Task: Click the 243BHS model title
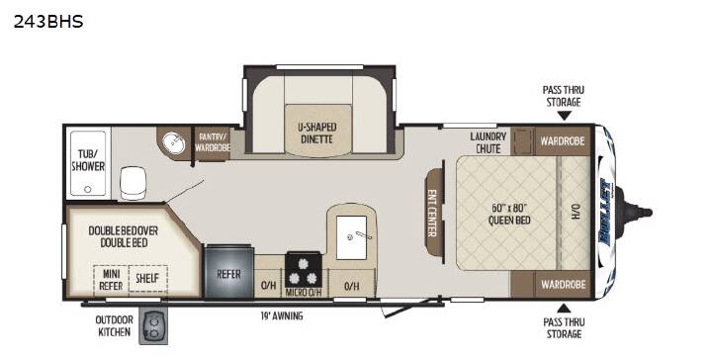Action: pyautogui.click(x=48, y=22)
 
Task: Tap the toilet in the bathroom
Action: pyautogui.click(x=133, y=183)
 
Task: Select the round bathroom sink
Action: pyautogui.click(x=173, y=143)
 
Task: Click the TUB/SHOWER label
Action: pyautogui.click(x=88, y=160)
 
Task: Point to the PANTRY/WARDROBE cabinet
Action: pyautogui.click(x=212, y=143)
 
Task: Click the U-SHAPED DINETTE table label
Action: pyautogui.click(x=317, y=133)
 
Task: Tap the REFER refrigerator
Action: pyautogui.click(x=228, y=272)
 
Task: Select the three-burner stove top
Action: pyautogui.click(x=304, y=270)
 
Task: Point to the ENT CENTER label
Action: pyautogui.click(x=431, y=213)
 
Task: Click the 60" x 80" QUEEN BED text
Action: pyautogui.click(x=509, y=214)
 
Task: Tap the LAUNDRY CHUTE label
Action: pyautogui.click(x=489, y=142)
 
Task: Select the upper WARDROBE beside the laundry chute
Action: pyautogui.click(x=562, y=140)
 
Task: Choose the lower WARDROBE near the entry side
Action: pyautogui.click(x=563, y=284)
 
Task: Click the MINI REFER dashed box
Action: pyautogui.click(x=111, y=279)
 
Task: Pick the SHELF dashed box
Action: pyautogui.click(x=148, y=279)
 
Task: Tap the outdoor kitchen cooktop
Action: pyautogui.click(x=153, y=325)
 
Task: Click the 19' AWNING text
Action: pyautogui.click(x=282, y=315)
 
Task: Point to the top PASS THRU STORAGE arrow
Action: pyautogui.click(x=564, y=117)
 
